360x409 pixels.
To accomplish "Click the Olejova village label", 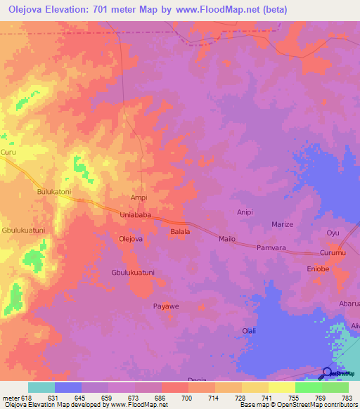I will click(x=131, y=239).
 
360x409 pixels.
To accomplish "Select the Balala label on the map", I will click(x=180, y=231).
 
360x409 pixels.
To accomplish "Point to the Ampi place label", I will click(x=139, y=198).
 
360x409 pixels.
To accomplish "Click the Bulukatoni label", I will click(x=54, y=191).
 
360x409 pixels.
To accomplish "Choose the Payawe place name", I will click(x=167, y=306).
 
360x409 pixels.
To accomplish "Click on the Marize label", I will click(x=283, y=224).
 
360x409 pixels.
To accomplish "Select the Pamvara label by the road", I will click(x=273, y=248).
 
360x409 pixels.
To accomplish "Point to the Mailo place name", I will click(x=227, y=239).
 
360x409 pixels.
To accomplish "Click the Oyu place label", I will click(x=333, y=233).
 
